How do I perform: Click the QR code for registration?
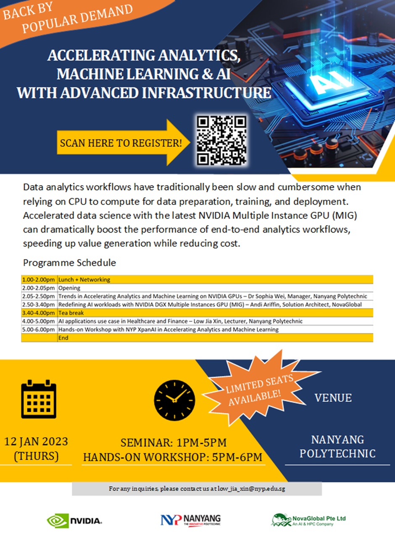coord(222,140)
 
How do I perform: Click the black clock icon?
coord(174,397)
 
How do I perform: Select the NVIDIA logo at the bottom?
coord(74,521)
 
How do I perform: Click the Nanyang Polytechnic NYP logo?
coord(190,520)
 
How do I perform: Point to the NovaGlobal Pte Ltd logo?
coord(308,520)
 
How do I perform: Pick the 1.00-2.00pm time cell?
coord(39,279)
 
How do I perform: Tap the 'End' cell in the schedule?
coord(63,337)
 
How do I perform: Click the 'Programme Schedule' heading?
coord(69,263)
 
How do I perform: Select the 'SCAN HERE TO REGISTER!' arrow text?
coord(121,143)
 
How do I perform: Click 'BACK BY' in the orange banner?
coord(27,12)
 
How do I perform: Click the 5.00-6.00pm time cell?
coord(39,329)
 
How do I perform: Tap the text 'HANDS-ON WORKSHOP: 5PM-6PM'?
coord(173,457)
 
